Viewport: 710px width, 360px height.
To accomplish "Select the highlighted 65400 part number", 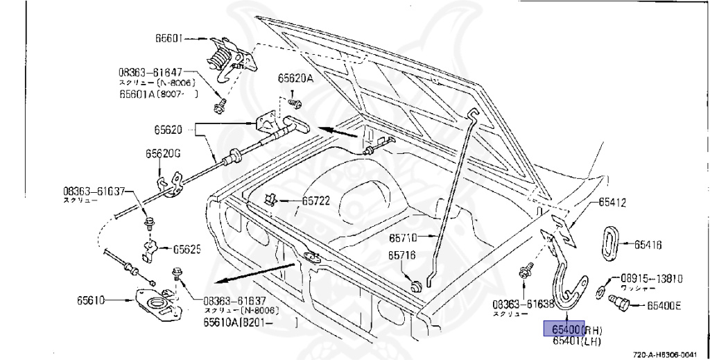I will (x=563, y=329).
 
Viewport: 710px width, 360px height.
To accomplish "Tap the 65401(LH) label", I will (x=576, y=341).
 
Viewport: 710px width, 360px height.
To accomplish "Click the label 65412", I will (x=612, y=203).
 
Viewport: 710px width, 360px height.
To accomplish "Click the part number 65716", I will (x=401, y=256).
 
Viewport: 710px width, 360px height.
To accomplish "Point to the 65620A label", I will (x=296, y=78).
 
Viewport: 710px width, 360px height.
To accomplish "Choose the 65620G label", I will (x=162, y=154).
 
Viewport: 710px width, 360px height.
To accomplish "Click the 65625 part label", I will (x=187, y=248).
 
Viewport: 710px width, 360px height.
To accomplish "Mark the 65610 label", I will (x=91, y=300).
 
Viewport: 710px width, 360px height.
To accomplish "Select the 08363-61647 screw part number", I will (x=150, y=71).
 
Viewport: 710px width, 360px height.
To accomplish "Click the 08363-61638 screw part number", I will (x=523, y=304).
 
